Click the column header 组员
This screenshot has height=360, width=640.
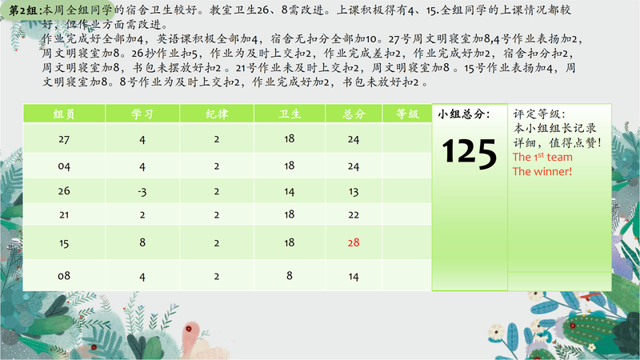click(64, 114)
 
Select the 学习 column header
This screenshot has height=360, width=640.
click(142, 114)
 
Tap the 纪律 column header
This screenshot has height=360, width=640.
click(217, 114)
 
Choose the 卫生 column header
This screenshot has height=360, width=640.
click(290, 114)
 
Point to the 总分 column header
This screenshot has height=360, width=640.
click(354, 114)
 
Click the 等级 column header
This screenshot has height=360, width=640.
click(407, 114)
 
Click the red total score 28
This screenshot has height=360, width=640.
click(354, 242)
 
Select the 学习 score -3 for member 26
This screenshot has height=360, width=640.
click(142, 191)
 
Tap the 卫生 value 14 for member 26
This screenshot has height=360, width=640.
click(290, 191)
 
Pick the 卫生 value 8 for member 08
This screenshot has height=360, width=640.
click(290, 275)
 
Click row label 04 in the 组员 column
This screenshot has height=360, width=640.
click(64, 166)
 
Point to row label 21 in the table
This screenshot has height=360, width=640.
click(64, 214)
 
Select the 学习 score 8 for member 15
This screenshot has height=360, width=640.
click(142, 242)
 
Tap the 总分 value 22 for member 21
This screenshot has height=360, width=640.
click(354, 214)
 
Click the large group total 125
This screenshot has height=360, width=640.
click(470, 153)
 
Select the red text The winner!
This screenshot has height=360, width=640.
click(542, 171)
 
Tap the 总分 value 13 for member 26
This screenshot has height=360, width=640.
click(354, 191)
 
